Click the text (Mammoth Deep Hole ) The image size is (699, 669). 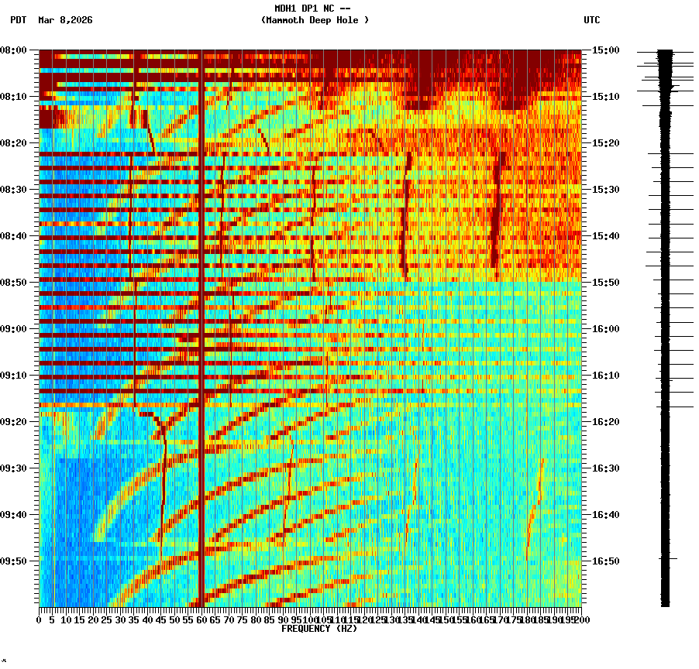pyautogui.click(x=315, y=20)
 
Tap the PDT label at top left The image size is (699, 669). pyautogui.click(x=18, y=20)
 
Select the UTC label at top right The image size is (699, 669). pyautogui.click(x=591, y=20)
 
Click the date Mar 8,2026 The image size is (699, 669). pyautogui.click(x=65, y=20)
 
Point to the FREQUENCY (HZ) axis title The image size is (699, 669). pyautogui.click(x=319, y=629)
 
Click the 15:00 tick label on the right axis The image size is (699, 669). pyautogui.click(x=605, y=50)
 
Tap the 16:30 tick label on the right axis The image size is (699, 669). pyautogui.click(x=605, y=468)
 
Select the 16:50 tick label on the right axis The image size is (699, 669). pyautogui.click(x=605, y=561)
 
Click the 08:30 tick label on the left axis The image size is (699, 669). pyautogui.click(x=14, y=190)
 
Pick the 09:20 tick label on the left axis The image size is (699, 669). pyautogui.click(x=14, y=422)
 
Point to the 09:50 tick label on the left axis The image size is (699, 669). pyautogui.click(x=14, y=561)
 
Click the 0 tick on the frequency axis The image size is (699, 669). pyautogui.click(x=40, y=619)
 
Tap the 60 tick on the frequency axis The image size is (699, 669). pyautogui.click(x=201, y=619)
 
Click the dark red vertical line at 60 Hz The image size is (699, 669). pyautogui.click(x=201, y=310)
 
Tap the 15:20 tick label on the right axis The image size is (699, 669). pyautogui.click(x=605, y=143)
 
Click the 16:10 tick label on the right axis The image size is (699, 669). pyautogui.click(x=605, y=376)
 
